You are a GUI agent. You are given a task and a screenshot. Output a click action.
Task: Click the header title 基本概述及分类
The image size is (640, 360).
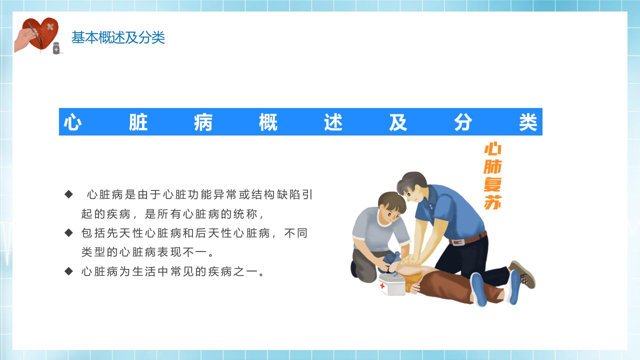tap(118, 37)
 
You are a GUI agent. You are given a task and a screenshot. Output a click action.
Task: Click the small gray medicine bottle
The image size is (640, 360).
tap(56, 48)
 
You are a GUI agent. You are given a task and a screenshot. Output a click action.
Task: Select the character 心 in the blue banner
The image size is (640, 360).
tap(72, 122)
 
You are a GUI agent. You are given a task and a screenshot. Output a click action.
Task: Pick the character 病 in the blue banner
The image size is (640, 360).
tap(203, 122)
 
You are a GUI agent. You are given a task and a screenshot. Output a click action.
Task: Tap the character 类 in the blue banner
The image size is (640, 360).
tap(528, 122)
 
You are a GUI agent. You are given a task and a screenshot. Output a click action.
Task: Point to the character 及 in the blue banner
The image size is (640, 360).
tap(398, 122)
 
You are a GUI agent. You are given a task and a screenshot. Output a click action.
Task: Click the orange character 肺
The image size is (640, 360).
tap(492, 166)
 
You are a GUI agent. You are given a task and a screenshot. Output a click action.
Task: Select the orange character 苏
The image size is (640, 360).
tap(492, 202)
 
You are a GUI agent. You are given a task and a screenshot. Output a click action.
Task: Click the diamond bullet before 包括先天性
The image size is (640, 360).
tap(69, 233)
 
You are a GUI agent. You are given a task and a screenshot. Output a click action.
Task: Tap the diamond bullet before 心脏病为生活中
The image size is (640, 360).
tap(69, 271)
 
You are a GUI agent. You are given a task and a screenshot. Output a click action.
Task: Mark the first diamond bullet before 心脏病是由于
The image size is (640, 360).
tap(69, 194)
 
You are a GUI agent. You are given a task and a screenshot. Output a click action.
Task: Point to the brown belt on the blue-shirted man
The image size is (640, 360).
tap(468, 238)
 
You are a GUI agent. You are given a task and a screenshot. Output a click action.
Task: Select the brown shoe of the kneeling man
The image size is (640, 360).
tap(522, 274)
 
